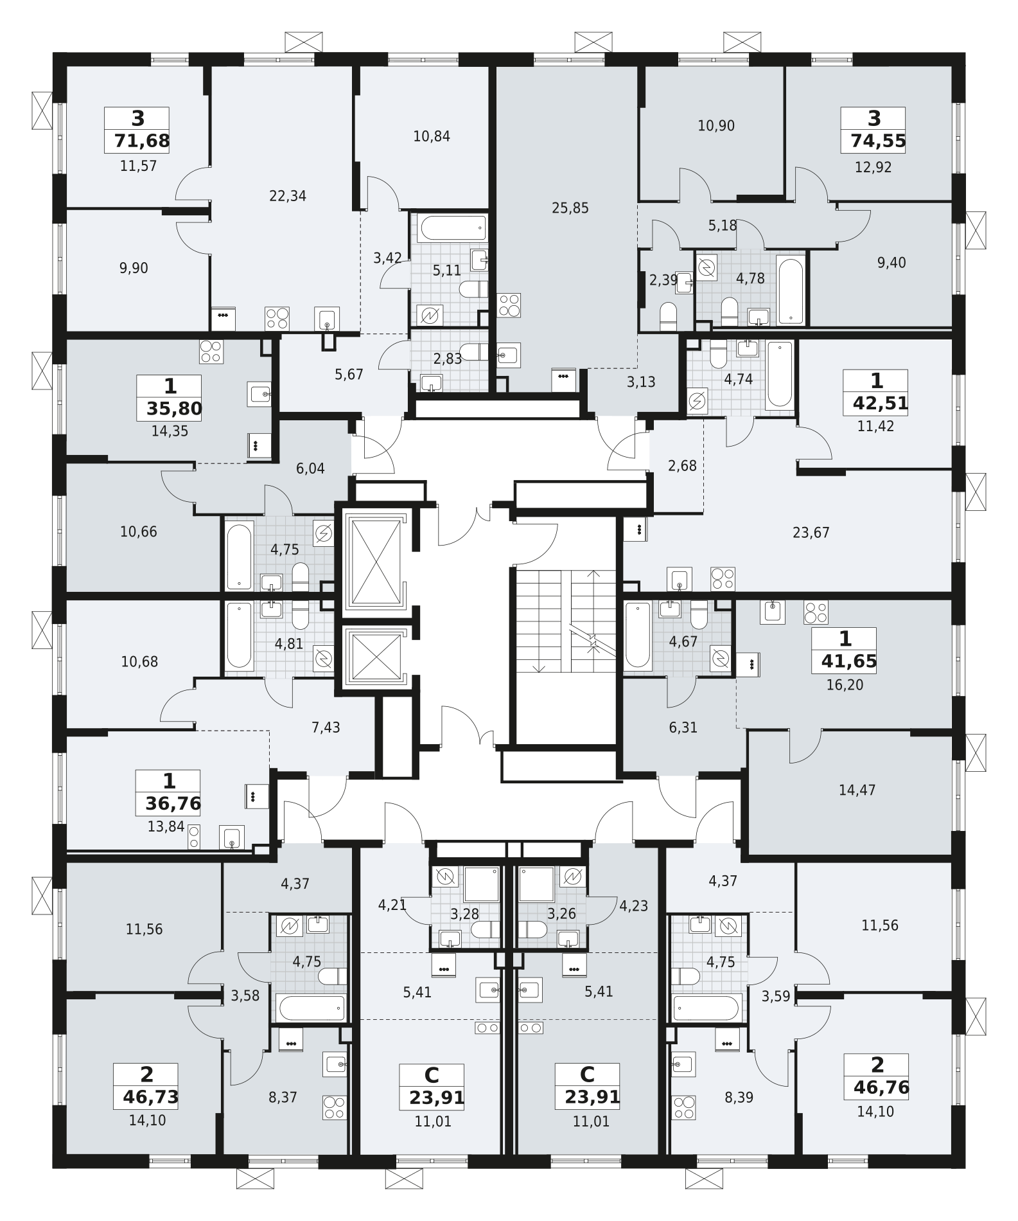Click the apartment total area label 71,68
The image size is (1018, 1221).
pos(142,141)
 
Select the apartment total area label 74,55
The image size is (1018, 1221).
pos(878,141)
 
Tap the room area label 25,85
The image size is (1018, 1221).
pos(570,208)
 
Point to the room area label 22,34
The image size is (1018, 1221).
pos(288,196)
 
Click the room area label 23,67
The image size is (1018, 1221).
pos(811,532)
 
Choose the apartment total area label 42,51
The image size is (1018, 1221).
pos(880,404)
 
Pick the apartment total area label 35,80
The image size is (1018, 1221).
pos(175,409)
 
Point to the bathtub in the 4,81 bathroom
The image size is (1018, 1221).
pos(240,635)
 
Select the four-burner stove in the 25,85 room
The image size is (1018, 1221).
pos(509,305)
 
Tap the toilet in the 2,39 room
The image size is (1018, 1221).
pos(669,315)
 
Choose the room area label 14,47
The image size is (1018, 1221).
pos(857,790)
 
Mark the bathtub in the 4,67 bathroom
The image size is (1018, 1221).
pos(638,635)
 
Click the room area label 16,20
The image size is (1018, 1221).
pos(845,685)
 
